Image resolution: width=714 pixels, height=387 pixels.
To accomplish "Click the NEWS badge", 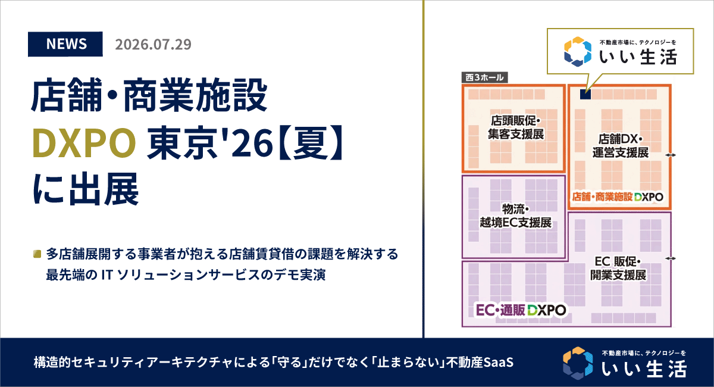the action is coord(65,44).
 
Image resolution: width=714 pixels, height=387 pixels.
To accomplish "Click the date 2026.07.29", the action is coord(153,44).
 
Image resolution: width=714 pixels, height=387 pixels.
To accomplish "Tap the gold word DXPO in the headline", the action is coord(84,143).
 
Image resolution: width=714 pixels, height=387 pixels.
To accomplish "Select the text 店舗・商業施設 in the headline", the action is coord(149,95).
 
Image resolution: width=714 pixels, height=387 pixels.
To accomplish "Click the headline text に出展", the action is coord(86,189).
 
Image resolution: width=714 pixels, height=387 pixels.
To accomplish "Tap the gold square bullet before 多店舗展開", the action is coord(37,254).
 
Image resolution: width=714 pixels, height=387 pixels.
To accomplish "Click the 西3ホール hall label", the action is coord(484,77).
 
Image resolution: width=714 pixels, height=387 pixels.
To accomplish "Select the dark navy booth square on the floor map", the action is coord(585,94).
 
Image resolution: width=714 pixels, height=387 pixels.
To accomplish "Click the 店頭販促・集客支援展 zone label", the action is coord(516,127).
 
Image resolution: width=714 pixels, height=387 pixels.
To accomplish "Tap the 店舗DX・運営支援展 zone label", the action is coord(620,146).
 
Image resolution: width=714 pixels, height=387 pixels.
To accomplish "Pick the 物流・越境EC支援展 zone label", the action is coord(516,216).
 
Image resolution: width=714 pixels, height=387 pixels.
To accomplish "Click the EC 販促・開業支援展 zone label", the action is coord(618,268).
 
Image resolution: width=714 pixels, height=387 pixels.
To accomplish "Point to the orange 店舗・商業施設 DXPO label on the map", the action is coord(618,197).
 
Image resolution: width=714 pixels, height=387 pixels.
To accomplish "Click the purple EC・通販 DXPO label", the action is coord(521,310).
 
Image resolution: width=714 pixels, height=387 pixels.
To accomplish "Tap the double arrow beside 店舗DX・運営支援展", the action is coord(671,155).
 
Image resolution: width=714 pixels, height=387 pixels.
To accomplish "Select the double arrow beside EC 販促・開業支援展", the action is coord(671,258).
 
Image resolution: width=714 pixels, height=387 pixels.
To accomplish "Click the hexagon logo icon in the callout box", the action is coord(578,52).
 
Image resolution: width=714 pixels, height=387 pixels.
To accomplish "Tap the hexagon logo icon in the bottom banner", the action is coord(578,363).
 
